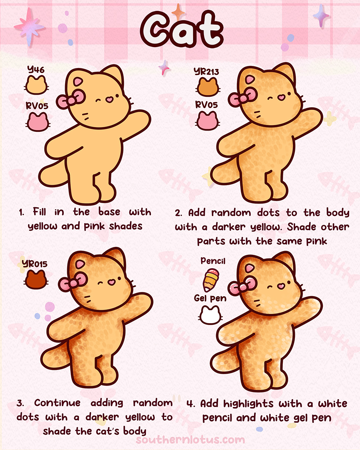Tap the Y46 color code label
[x=36, y=70]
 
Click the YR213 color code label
[x=206, y=71]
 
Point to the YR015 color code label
[x=35, y=264]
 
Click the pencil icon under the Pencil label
[x=211, y=280]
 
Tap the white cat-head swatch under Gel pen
[x=210, y=315]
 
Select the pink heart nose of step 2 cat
[x=282, y=98]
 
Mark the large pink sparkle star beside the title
[x=29, y=26]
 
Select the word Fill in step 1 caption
[x=40, y=212]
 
